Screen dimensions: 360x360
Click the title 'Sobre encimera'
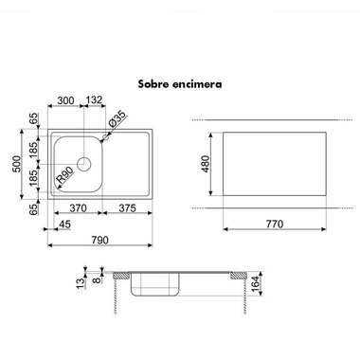(180, 84)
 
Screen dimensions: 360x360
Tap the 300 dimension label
(65, 100)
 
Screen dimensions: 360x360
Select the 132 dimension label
(94, 100)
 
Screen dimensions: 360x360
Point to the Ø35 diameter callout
(117, 119)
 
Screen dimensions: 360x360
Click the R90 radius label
(64, 175)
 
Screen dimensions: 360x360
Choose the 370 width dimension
(78, 208)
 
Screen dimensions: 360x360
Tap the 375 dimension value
(127, 208)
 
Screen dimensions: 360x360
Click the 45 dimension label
(65, 225)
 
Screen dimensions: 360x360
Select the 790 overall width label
(99, 241)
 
